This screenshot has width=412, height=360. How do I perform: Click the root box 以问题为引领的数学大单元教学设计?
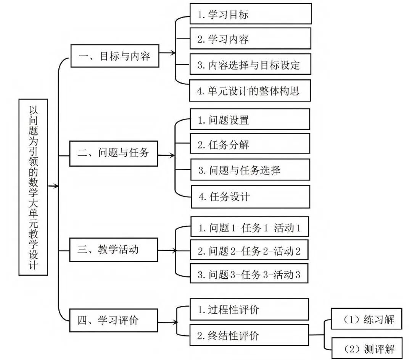(34, 187)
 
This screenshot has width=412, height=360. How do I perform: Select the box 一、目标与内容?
(115, 56)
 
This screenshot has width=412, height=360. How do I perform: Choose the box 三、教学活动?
(114, 250)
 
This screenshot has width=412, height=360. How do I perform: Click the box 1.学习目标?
(250, 15)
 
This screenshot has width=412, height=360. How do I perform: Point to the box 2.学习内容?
(250, 39)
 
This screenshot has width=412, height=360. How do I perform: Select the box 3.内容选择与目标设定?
(250, 65)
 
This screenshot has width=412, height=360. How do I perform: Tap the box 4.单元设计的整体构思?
(250, 90)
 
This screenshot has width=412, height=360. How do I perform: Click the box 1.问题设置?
(249, 119)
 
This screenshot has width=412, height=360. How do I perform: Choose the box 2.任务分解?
(249, 144)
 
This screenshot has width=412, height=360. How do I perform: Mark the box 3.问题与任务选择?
(249, 170)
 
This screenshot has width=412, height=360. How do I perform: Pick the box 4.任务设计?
(249, 197)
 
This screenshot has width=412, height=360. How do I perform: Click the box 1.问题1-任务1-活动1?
(249, 228)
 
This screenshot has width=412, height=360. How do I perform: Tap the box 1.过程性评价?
(249, 309)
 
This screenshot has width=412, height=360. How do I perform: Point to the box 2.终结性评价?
(249, 335)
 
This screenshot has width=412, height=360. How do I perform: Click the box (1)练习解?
(362, 318)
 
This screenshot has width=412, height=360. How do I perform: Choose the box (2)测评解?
(362, 348)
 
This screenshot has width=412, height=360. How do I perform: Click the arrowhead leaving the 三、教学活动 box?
(174, 251)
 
